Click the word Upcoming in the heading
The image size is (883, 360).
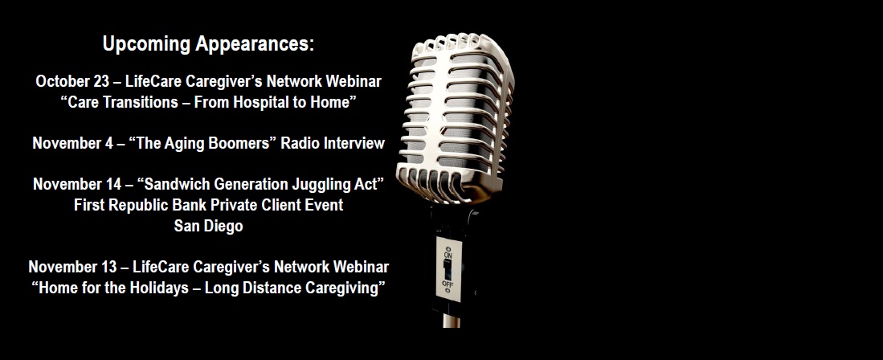(x=147, y=44)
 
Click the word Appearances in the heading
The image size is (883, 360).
(x=255, y=44)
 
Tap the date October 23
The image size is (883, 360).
(x=72, y=82)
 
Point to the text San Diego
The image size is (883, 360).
(x=208, y=227)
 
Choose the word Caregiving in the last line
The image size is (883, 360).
(x=345, y=288)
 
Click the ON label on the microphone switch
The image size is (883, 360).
(x=448, y=256)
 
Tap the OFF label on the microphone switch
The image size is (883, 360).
(x=448, y=284)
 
